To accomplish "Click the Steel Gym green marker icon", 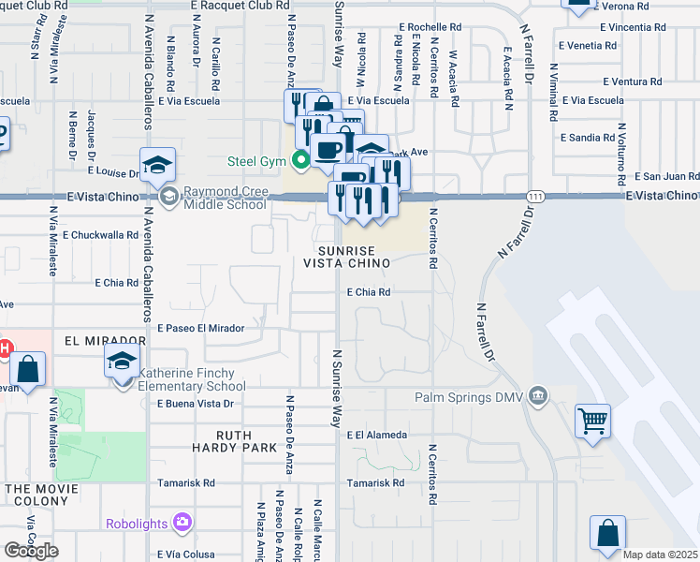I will point(300,160).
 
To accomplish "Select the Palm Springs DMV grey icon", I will point(537,394).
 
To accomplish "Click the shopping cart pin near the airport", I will point(592,421).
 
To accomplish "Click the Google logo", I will point(31,550).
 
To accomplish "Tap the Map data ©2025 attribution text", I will point(660,555).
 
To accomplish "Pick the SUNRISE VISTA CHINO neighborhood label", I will point(345,258).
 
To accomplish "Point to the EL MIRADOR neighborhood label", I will point(107,340).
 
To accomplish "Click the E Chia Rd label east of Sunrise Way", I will point(368,292).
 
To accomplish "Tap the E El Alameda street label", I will point(376,436).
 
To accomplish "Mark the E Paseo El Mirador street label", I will point(200,329).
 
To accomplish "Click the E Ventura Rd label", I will point(632,81).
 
